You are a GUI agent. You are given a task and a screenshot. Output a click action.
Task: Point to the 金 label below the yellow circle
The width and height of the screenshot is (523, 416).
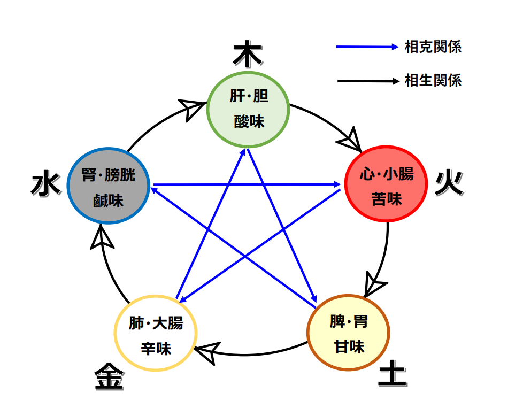pos(110,378)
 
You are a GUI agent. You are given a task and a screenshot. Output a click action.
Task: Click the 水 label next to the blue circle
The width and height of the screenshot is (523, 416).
pos(45,185)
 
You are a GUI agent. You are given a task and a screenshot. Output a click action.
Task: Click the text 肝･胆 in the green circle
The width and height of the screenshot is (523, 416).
pos(249,97)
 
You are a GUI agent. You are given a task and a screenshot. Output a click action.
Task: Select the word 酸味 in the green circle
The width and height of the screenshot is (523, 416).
pos(249,122)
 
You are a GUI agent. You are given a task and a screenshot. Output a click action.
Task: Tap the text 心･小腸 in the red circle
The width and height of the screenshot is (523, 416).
pos(386,174)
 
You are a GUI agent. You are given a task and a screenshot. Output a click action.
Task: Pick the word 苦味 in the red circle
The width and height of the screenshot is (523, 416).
pos(386,199)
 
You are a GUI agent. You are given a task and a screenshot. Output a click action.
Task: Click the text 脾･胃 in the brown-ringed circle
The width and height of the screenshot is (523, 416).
pos(349,322)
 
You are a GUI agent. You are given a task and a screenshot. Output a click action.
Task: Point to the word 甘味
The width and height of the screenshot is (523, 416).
pos(349,346)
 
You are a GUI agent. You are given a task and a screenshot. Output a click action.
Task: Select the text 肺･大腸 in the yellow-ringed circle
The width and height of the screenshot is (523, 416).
pos(156,323)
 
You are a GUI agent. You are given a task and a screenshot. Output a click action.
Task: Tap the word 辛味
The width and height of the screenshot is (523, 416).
pos(156,349)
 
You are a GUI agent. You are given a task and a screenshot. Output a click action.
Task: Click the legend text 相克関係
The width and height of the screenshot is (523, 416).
pos(433,47)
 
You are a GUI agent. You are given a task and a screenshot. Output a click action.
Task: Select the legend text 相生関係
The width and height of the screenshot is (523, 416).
pos(433,81)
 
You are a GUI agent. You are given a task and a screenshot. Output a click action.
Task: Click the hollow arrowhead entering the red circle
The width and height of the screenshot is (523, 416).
pos(351,140)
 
